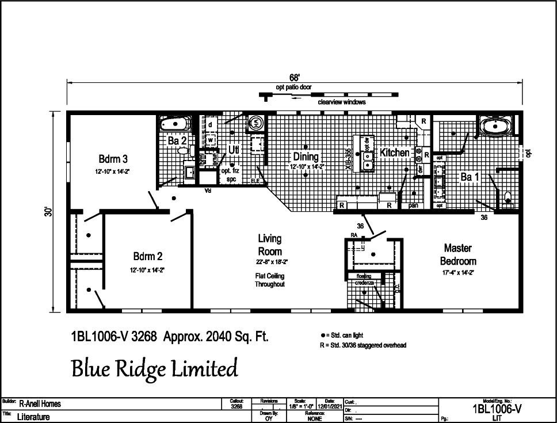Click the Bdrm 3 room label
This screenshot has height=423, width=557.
pos(113,159)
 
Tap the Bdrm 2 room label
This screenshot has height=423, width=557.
pos(147,256)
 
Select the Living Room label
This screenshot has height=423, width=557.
pos(270,245)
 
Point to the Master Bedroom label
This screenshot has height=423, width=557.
pos(458,254)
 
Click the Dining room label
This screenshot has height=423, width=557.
pos(306,157)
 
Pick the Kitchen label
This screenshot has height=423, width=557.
pos(394,153)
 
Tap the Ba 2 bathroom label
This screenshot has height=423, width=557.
pos(176,140)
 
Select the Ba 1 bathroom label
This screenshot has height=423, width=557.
pos(470,177)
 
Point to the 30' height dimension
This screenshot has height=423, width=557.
pos(51,211)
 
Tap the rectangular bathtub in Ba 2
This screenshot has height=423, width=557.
pos(175,124)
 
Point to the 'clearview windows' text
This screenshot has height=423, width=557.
pos(342,102)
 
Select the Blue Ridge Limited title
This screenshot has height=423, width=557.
pos(154,368)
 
